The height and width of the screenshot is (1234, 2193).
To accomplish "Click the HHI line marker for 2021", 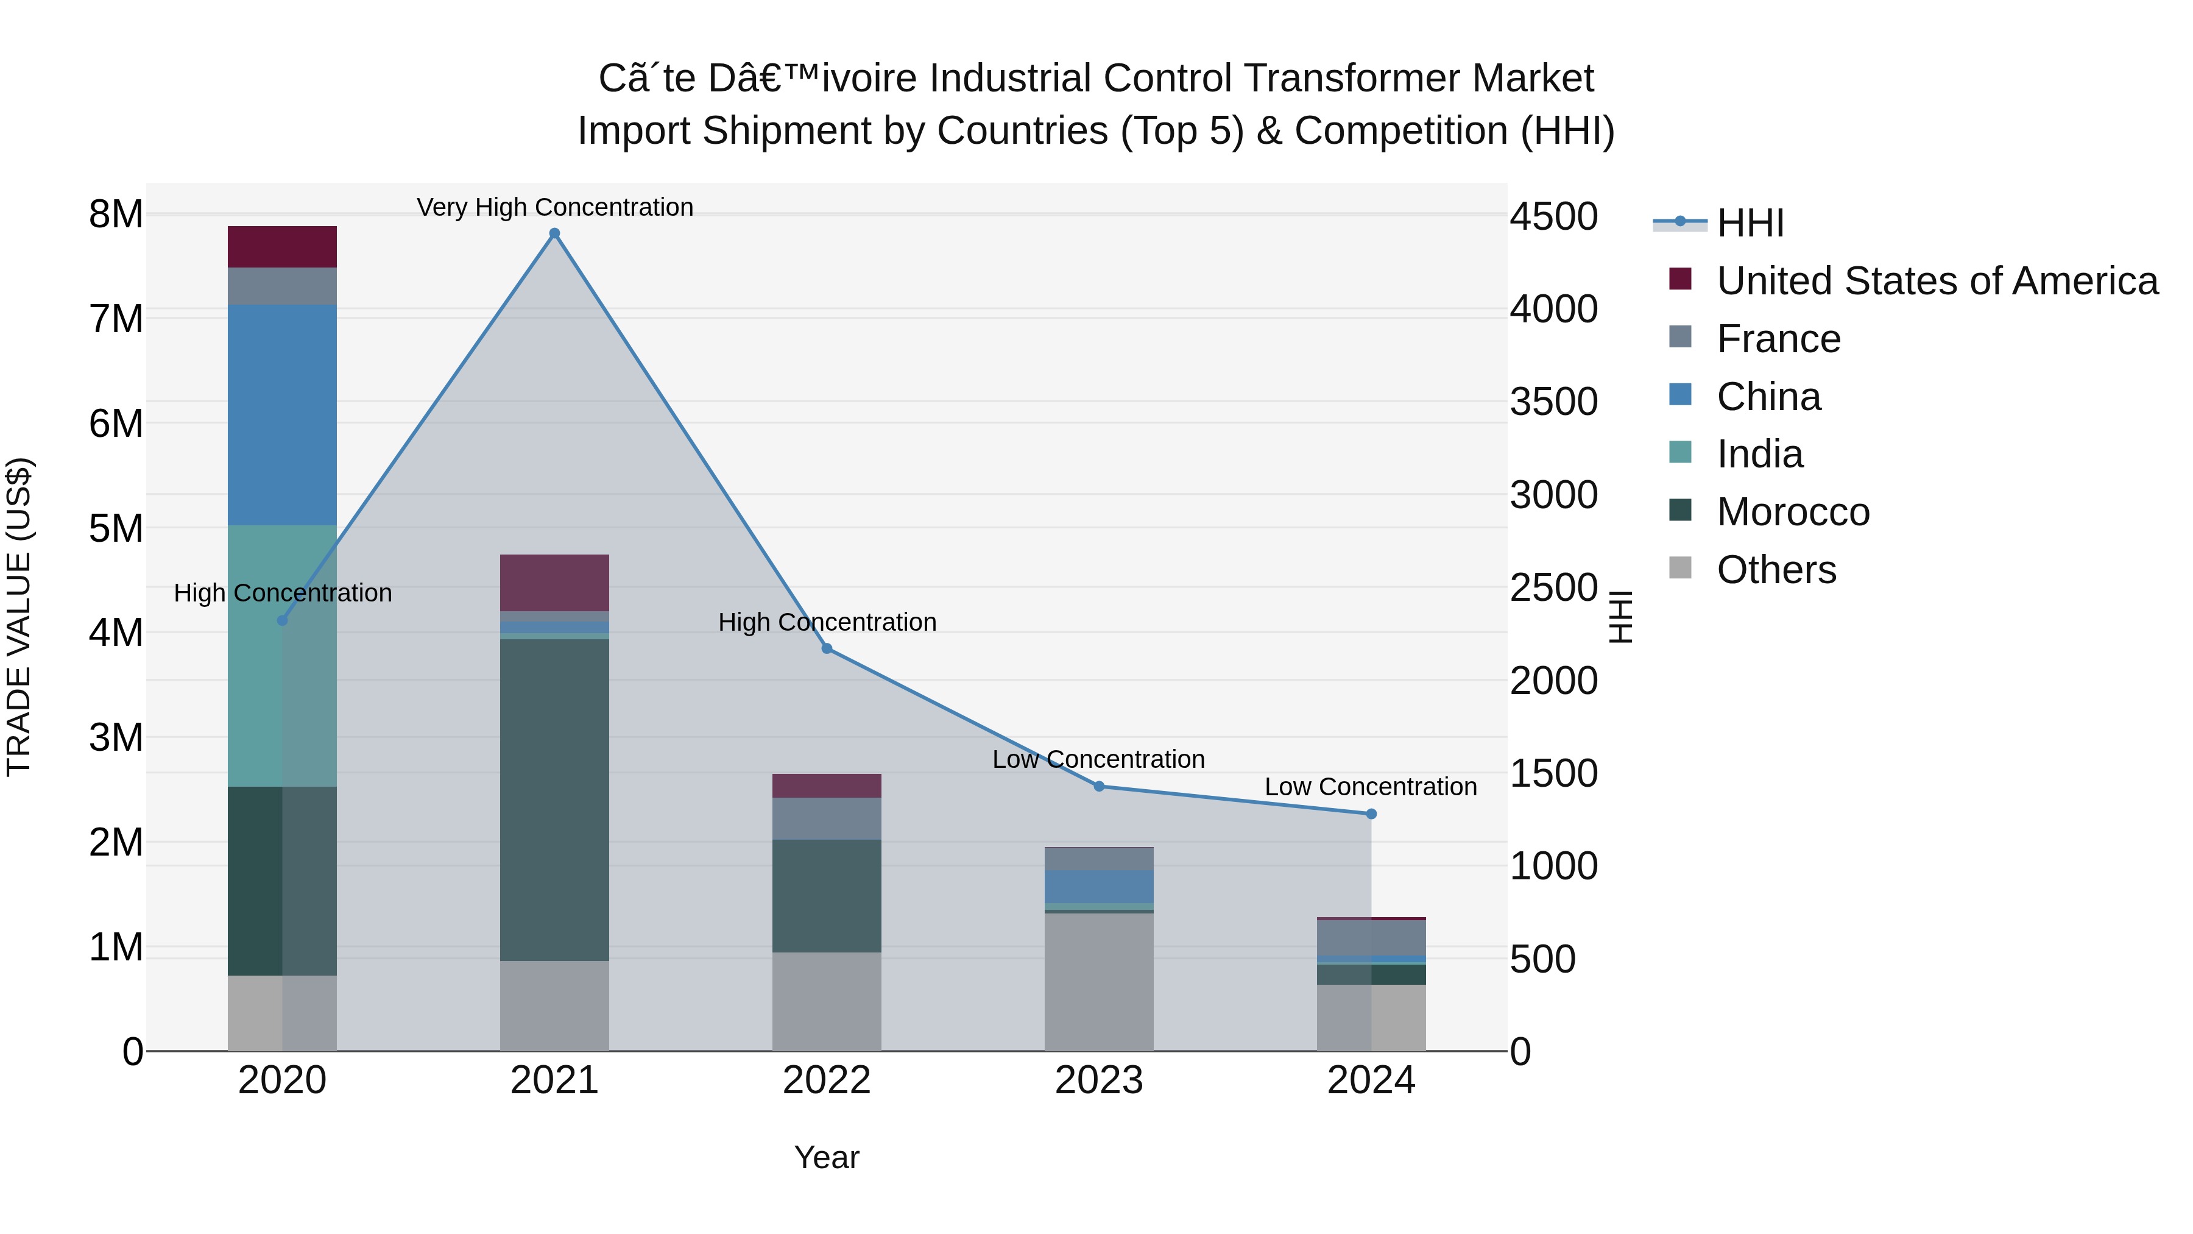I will (x=554, y=233).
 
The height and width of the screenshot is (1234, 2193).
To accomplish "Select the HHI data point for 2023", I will (x=1098, y=786).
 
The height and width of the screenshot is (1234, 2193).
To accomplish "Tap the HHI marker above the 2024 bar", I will (x=1371, y=814).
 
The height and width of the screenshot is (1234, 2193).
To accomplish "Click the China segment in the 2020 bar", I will (x=282, y=415).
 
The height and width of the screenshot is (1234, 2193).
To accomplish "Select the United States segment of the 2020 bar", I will (x=282, y=247).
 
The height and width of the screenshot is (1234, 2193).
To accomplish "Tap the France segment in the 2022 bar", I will (x=826, y=818).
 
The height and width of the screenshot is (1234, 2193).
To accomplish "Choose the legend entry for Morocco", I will (x=1793, y=512).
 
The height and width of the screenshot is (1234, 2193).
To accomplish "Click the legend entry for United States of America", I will (x=1937, y=281).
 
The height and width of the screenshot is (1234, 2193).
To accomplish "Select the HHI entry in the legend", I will (x=1750, y=223).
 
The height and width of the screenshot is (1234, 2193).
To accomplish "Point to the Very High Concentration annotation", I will (x=555, y=207).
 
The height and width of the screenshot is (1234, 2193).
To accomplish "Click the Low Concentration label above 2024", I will (x=1371, y=786).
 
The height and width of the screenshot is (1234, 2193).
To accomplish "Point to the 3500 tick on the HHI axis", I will (x=1553, y=402).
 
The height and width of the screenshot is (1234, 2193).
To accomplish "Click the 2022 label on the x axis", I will (x=826, y=1080).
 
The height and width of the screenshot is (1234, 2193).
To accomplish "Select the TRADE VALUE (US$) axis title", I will (x=19, y=617).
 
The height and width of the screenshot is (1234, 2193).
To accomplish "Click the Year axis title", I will (x=826, y=1157).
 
